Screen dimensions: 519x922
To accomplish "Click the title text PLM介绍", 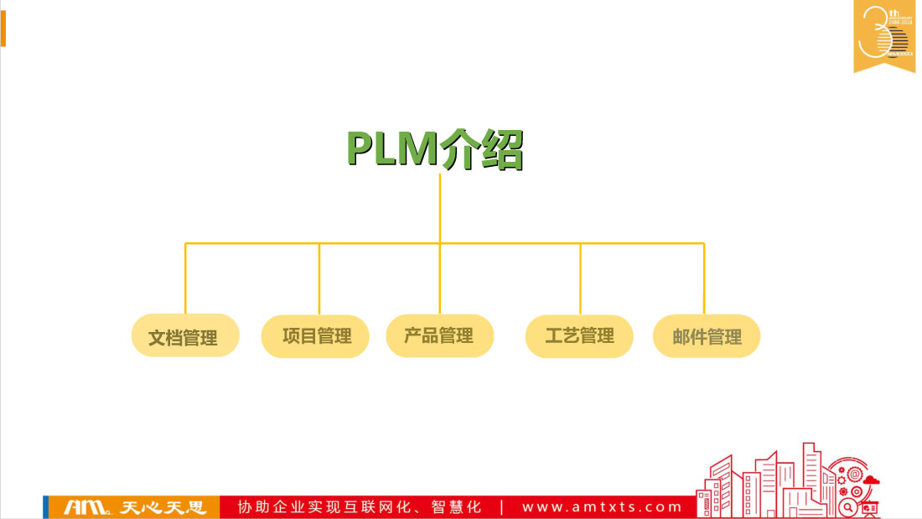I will click(435, 149).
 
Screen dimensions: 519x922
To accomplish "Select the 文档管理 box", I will click(185, 336).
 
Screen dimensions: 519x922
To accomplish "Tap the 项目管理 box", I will click(316, 336).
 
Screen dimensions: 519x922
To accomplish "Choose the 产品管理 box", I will click(439, 336).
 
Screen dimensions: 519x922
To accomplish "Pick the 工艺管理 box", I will click(579, 336).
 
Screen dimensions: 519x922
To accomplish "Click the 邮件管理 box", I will click(707, 336).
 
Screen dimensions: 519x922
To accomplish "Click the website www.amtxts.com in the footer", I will click(603, 507).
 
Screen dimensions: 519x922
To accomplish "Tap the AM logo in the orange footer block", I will click(87, 507).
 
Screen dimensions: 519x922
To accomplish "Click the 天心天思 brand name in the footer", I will click(163, 507).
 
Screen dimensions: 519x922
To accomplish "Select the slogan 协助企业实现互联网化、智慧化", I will click(360, 507).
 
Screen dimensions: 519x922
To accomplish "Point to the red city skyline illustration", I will click(788, 482).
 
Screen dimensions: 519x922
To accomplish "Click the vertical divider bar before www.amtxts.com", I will click(501, 507).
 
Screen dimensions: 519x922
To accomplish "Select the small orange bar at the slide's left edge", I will click(3, 29).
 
